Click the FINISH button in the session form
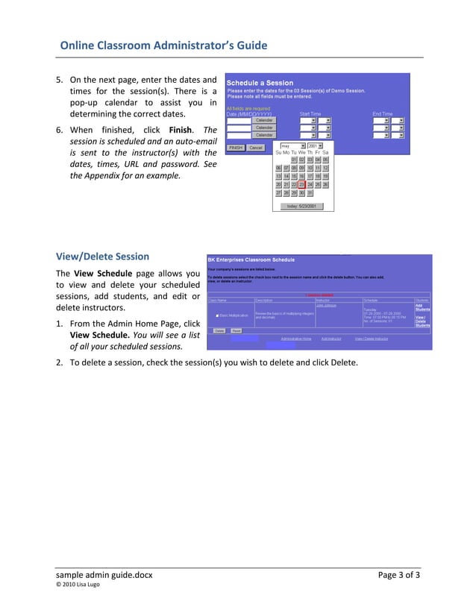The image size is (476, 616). [236, 148]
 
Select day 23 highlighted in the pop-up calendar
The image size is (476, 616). [301, 184]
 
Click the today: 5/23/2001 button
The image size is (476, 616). [302, 206]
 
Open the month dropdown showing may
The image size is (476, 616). [292, 145]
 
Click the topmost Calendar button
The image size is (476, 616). [264, 120]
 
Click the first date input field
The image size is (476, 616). [239, 120]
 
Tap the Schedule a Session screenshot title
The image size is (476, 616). [260, 83]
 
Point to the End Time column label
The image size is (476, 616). [382, 114]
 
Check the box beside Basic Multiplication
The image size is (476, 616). [217, 315]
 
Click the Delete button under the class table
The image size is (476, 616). [219, 330]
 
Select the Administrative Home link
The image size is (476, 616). [296, 339]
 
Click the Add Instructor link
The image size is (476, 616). [331, 339]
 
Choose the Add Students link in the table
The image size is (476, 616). [422, 307]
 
